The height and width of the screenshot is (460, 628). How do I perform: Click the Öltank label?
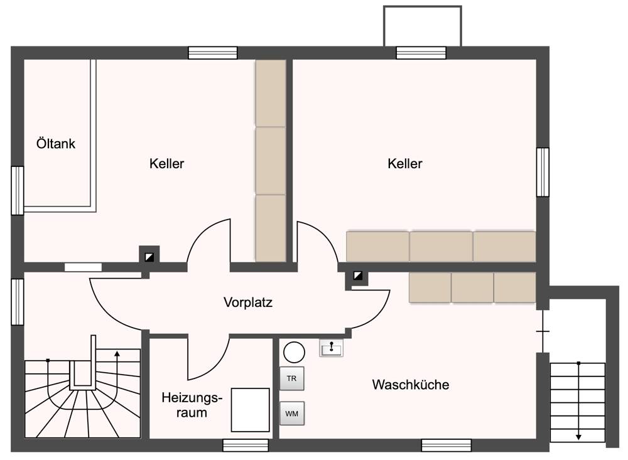point(55,144)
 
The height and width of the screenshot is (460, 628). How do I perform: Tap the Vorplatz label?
point(248,302)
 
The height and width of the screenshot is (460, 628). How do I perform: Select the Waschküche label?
point(410,384)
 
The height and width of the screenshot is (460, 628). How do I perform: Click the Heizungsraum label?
point(192,405)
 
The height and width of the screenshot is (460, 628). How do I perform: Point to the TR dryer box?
point(291,378)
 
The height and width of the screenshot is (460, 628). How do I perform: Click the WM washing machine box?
point(291,414)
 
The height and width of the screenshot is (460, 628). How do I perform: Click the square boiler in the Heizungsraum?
point(250,410)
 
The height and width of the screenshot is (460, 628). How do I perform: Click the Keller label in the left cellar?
point(166,164)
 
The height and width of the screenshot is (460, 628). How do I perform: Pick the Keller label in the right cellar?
point(405,164)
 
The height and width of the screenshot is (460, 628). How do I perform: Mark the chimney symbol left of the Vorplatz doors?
point(149,256)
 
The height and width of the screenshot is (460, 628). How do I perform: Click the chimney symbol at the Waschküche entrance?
point(357,276)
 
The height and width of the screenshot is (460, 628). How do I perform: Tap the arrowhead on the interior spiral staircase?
point(117,354)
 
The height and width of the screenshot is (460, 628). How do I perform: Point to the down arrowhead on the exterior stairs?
point(578,437)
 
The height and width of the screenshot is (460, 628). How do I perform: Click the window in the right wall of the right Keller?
point(543,172)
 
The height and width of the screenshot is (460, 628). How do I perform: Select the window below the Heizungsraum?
point(246,445)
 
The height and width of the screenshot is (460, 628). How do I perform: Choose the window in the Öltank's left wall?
point(18,190)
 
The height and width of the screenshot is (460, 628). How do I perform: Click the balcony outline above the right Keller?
point(422,25)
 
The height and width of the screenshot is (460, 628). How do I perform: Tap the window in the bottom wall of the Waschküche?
point(446,445)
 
